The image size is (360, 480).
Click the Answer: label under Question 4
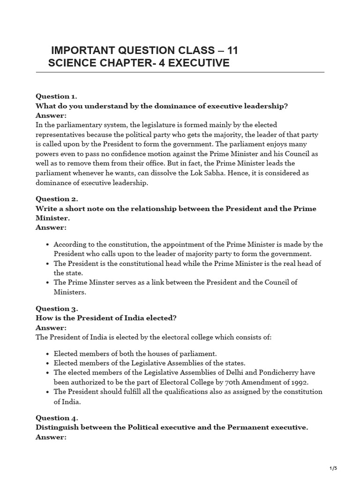click(51, 437)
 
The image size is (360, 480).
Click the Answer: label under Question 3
click(51, 327)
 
